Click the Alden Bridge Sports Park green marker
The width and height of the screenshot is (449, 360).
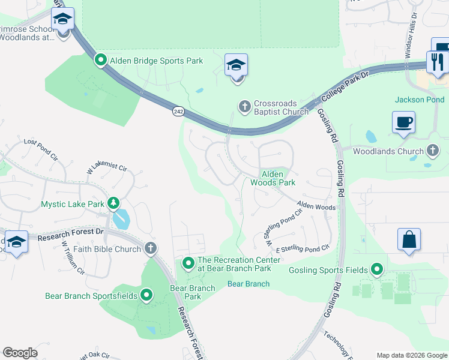point(100,60)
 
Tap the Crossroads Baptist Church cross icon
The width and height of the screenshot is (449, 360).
point(244,106)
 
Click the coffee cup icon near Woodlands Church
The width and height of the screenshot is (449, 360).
point(403,122)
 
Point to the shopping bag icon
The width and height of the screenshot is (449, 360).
point(409,239)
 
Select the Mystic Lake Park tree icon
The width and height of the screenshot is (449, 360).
point(113,203)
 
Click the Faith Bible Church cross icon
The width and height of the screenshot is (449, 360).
point(150,248)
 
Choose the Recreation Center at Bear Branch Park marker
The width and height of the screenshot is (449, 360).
point(188,263)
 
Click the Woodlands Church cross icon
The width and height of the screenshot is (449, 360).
point(433,151)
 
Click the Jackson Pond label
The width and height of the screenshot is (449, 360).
point(420,100)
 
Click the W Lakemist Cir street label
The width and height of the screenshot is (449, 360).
point(108,166)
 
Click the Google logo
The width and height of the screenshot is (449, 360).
point(20,353)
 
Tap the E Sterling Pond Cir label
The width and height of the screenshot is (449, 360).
point(303,248)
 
